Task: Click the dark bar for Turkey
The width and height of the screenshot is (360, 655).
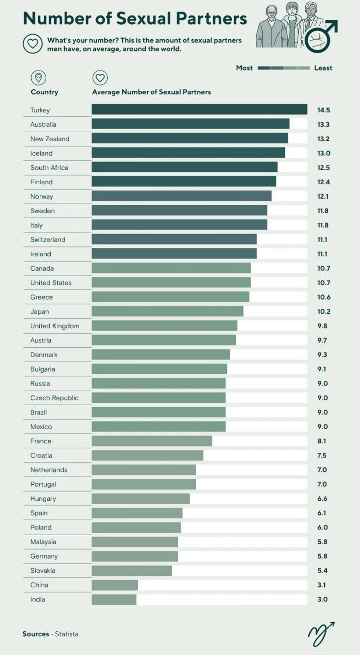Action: [199, 109]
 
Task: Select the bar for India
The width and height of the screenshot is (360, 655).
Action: [114, 600]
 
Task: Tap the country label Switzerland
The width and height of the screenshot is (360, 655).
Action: [48, 240]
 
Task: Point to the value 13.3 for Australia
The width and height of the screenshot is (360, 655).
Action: [323, 124]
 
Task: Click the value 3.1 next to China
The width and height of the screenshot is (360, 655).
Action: [321, 585]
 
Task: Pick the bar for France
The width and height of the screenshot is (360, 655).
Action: [152, 441]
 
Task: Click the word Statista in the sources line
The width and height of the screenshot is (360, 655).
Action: [66, 634]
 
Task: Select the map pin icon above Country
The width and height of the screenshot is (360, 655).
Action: [38, 78]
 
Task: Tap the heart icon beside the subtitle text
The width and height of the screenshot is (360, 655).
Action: [33, 44]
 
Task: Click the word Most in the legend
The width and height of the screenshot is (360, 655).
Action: [244, 68]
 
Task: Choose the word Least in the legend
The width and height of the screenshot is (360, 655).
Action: [323, 68]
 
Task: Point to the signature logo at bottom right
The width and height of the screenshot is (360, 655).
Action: [321, 634]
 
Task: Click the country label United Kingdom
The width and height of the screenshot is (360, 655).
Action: [55, 326]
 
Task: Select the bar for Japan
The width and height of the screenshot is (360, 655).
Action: [167, 311]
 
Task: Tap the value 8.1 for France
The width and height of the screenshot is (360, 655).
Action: [321, 441]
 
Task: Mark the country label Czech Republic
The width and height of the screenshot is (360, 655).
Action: [54, 398]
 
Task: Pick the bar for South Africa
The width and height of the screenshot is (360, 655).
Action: [184, 167]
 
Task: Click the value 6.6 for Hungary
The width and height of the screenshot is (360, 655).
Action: [322, 499]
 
